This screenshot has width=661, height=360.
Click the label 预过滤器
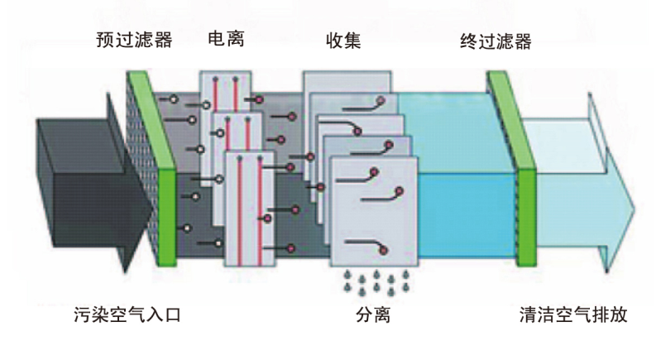click(x=133, y=40)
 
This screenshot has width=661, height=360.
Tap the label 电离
click(x=225, y=39)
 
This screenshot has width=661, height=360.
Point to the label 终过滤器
click(x=495, y=40)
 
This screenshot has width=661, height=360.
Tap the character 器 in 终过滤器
click(x=520, y=40)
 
